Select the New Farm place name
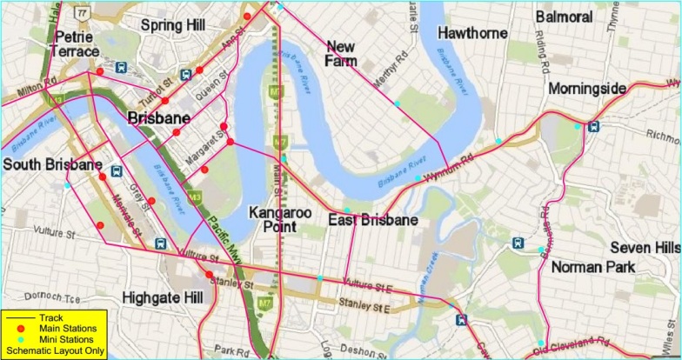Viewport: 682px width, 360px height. point(341,53)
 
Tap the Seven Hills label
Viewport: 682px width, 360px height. point(643,248)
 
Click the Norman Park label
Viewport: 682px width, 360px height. point(593,267)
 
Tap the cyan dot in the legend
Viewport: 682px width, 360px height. point(16,340)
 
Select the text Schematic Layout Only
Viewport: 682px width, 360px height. point(56,351)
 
